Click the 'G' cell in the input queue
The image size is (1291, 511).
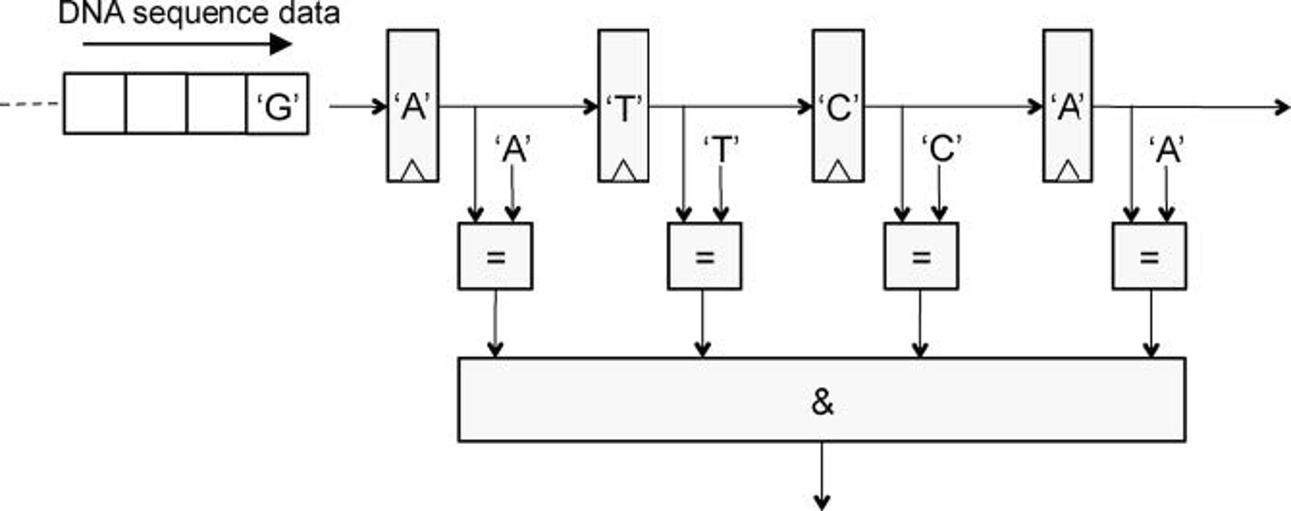pyautogui.click(x=277, y=104)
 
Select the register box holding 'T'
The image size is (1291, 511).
pyautogui.click(x=624, y=106)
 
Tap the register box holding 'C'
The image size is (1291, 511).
pyautogui.click(x=838, y=106)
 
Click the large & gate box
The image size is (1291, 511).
pyautogui.click(x=822, y=400)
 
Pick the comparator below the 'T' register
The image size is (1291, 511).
pyautogui.click(x=705, y=255)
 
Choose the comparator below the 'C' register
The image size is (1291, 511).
pyautogui.click(x=921, y=255)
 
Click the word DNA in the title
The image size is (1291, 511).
pyautogui.click(x=91, y=13)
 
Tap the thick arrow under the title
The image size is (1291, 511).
pyautogui.click(x=188, y=45)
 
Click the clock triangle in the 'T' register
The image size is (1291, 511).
pyautogui.click(x=624, y=172)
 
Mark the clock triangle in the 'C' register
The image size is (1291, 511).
pyautogui.click(x=838, y=172)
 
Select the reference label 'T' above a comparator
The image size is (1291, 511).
pyautogui.click(x=721, y=150)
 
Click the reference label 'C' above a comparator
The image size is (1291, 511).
pyautogui.click(x=942, y=149)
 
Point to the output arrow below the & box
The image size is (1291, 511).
pyautogui.click(x=822, y=476)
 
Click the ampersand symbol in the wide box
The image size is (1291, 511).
pyautogui.click(x=822, y=402)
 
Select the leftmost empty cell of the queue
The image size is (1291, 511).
pyautogui.click(x=95, y=104)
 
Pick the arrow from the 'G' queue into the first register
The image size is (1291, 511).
pyautogui.click(x=357, y=106)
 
